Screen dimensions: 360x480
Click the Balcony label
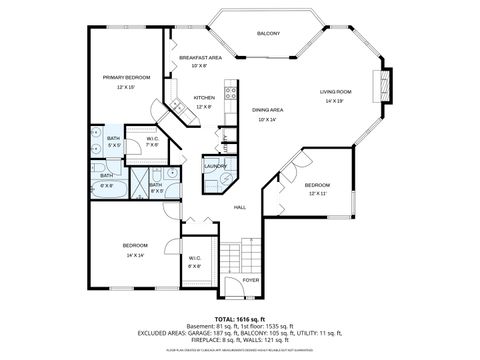coord(268,34)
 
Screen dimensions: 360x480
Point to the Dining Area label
coord(268,109)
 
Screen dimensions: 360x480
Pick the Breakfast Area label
coord(199,58)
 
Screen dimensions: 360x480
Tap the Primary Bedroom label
coord(125,77)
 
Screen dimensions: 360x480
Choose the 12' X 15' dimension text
coord(125,87)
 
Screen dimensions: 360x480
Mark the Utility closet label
coord(226,142)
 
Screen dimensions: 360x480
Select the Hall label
coord(240,207)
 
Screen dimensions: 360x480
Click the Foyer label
coord(250,280)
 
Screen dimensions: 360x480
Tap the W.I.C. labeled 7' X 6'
coord(152,141)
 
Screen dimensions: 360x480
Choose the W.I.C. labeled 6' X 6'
coord(196,263)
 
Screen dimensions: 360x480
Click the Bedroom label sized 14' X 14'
coord(135,246)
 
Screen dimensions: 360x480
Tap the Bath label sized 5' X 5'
coord(114,140)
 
